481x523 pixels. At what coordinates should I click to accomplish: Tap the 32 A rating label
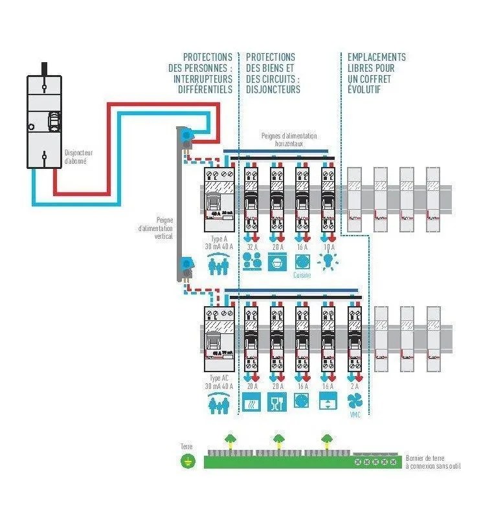pyautogui.click(x=252, y=247)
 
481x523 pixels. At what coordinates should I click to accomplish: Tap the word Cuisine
pyautogui.click(x=302, y=275)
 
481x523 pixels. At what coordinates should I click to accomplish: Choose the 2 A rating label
pyautogui.click(x=354, y=386)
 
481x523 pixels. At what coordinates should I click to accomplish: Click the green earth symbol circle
pyautogui.click(x=187, y=462)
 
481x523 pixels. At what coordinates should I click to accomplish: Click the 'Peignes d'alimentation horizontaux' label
pyautogui.click(x=289, y=139)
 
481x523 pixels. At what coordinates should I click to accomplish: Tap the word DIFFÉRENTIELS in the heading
pyautogui.click(x=205, y=90)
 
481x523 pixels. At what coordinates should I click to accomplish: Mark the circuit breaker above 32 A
pyautogui.click(x=252, y=201)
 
